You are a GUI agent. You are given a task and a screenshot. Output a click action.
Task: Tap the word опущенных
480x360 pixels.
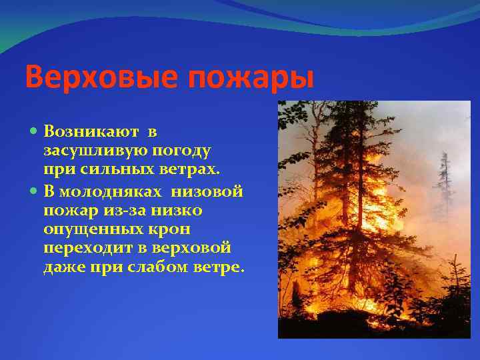[x=91, y=230]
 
